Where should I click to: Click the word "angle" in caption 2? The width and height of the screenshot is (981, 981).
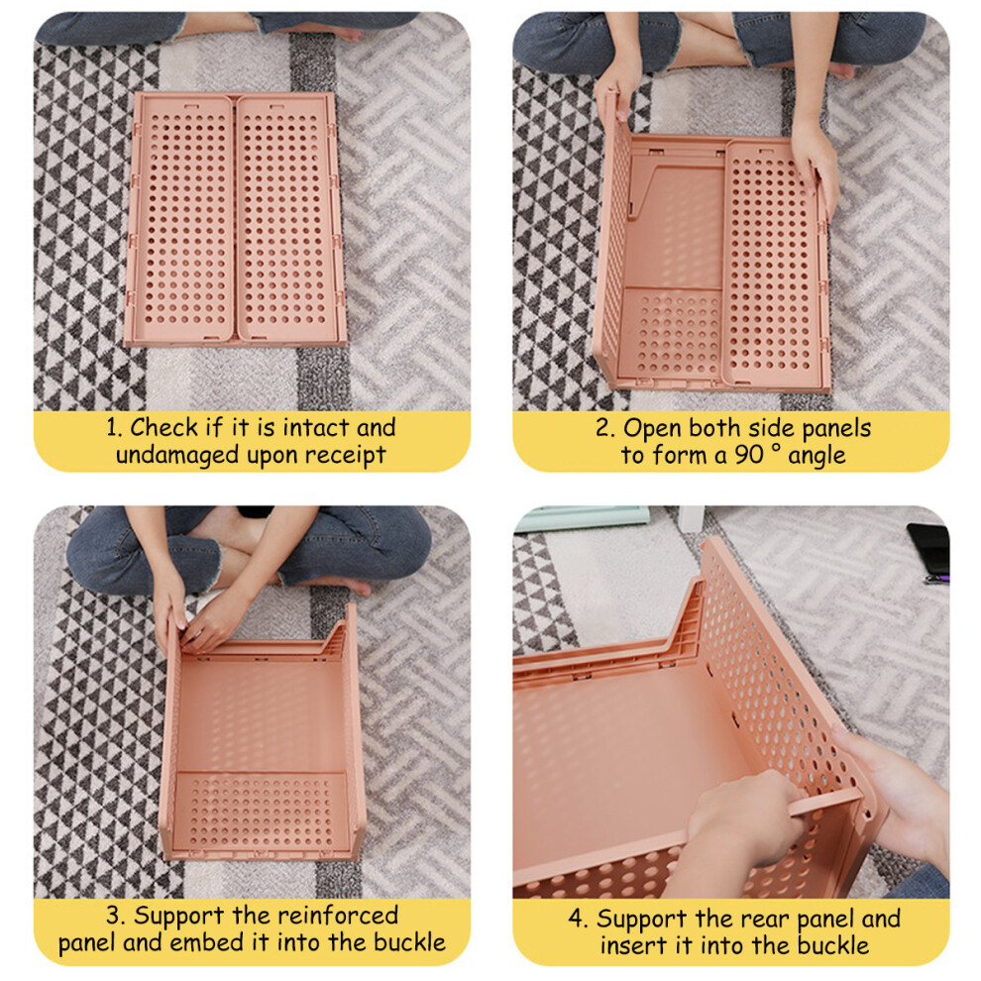(x=817, y=457)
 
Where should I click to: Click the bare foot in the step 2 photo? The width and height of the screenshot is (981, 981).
(x=836, y=70)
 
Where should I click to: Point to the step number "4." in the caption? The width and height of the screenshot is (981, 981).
(x=578, y=919)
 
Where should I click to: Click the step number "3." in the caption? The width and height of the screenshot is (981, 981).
(x=116, y=916)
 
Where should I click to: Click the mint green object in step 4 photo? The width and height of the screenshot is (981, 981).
(x=582, y=518)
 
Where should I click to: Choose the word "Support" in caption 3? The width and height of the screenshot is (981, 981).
(x=179, y=917)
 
